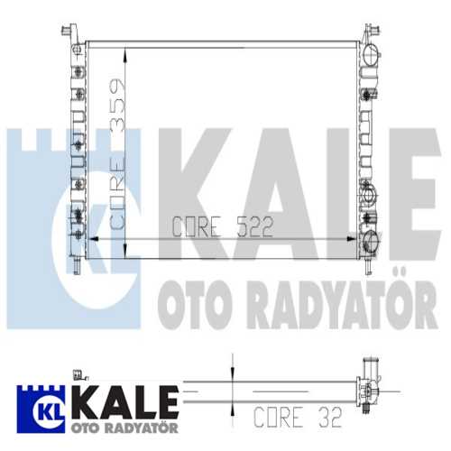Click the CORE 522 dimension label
223,226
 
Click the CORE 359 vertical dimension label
117,154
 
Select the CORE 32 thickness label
298,417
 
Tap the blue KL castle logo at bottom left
41,410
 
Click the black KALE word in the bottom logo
125,403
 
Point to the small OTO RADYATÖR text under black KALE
124,428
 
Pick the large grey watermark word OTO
195,305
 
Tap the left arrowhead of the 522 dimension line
94,239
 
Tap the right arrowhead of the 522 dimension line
351,239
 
